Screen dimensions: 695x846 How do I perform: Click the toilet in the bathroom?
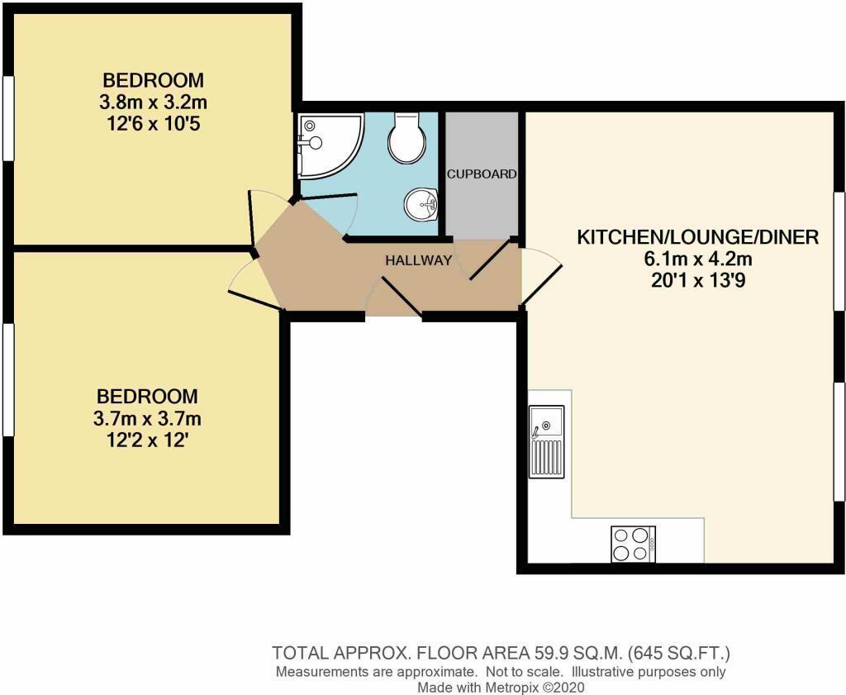pyautogui.click(x=406, y=137)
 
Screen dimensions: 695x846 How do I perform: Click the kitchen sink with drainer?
pyautogui.click(x=546, y=441)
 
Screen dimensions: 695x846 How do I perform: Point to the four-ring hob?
pyautogui.click(x=633, y=544)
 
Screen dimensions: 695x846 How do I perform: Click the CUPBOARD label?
pyautogui.click(x=482, y=174)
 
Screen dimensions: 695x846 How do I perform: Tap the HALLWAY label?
pyautogui.click(x=419, y=260)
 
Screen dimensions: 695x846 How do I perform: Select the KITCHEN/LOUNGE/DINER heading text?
pyautogui.click(x=697, y=238)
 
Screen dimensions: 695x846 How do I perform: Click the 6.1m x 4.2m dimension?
pyautogui.click(x=697, y=259)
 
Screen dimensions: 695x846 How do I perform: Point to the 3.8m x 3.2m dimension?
pyautogui.click(x=153, y=102)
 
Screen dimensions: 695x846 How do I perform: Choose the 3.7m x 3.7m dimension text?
pyautogui.click(x=147, y=417)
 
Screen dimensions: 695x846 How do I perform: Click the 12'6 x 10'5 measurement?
pyautogui.click(x=153, y=124)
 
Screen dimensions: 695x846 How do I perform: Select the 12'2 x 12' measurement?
pyautogui.click(x=147, y=438)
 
